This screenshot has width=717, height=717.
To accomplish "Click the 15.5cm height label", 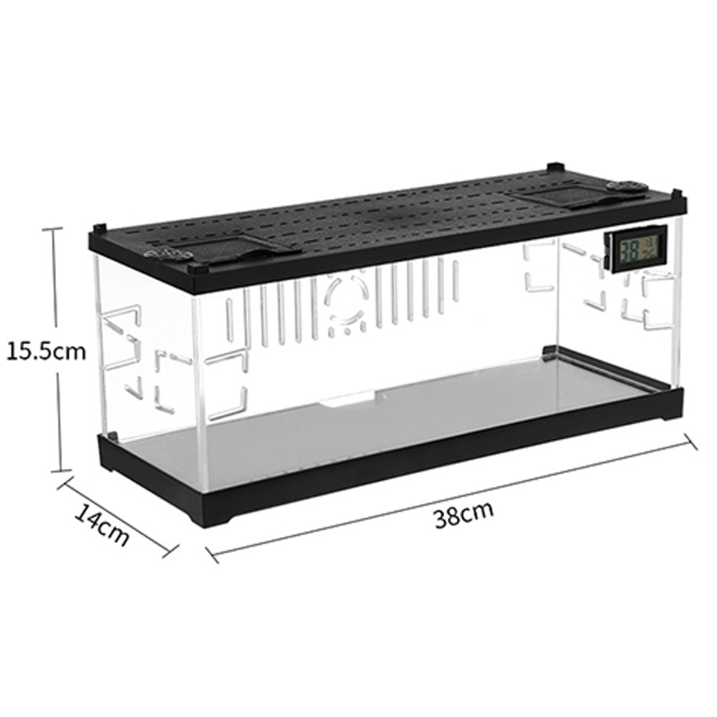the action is coord(46,352).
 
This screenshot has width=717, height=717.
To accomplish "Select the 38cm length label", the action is coord(463,514).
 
